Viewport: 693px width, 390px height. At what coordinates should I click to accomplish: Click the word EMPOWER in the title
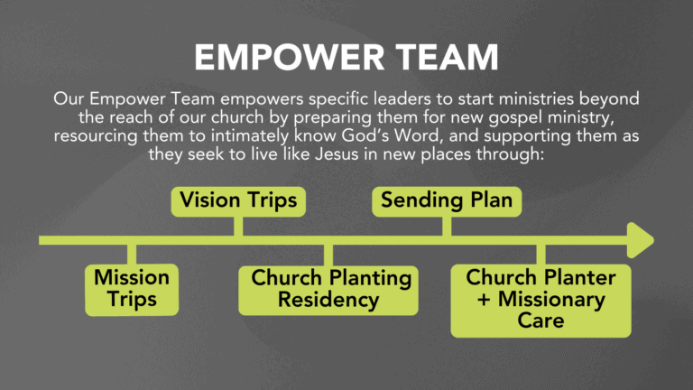click(289, 58)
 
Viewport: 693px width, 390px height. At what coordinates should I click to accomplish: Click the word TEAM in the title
click(447, 58)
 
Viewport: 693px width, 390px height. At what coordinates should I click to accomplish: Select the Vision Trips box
click(238, 201)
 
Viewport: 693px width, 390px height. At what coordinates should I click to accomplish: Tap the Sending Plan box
click(447, 201)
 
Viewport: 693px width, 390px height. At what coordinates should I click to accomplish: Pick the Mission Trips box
click(132, 290)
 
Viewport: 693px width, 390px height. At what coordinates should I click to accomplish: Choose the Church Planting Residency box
click(328, 290)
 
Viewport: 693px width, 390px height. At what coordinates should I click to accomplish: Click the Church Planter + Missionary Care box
click(541, 301)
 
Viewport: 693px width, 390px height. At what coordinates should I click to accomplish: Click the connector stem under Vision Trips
click(238, 227)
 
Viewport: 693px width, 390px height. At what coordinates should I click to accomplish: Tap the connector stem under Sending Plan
click(447, 227)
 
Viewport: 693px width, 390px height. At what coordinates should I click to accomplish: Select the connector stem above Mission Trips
click(132, 255)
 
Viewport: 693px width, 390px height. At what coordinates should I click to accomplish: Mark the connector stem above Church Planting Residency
click(328, 255)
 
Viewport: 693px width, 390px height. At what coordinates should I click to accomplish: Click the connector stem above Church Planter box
click(541, 255)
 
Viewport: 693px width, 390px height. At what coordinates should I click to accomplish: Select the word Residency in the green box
click(328, 300)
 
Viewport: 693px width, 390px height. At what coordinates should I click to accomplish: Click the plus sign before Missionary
click(484, 300)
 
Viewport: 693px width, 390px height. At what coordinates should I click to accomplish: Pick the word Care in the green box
click(541, 320)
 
